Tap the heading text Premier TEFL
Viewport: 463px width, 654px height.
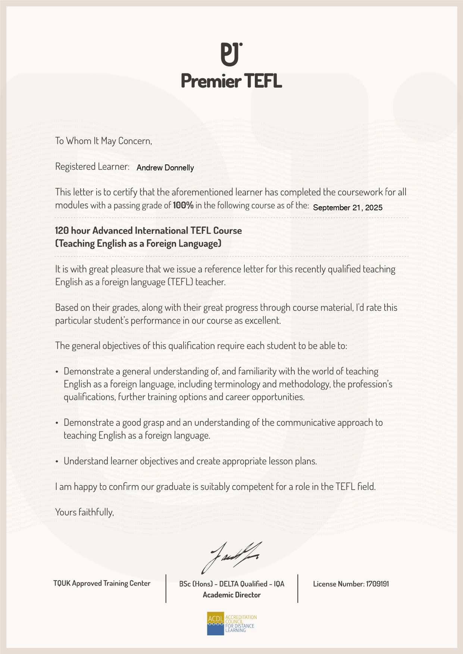pyautogui.click(x=231, y=81)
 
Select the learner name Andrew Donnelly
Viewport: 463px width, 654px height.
pyautogui.click(x=165, y=168)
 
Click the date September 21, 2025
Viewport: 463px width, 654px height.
pyautogui.click(x=348, y=208)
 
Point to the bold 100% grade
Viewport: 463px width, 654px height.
pyautogui.click(x=183, y=205)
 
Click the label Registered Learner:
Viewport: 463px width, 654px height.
pyautogui.click(x=92, y=167)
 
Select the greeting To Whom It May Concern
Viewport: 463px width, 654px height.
pyautogui.click(x=104, y=141)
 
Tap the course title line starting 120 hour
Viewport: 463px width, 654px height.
pyautogui.click(x=148, y=231)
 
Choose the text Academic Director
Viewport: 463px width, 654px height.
pyautogui.click(x=232, y=595)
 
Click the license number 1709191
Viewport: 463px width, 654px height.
pyautogui.click(x=377, y=584)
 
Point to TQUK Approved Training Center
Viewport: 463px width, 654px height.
pyautogui.click(x=102, y=584)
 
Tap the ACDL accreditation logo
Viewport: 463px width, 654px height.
pyautogui.click(x=232, y=623)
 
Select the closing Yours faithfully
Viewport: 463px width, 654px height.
pyautogui.click(x=85, y=512)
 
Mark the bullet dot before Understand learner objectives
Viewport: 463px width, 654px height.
pyautogui.click(x=57, y=462)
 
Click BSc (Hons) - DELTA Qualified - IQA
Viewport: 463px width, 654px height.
pyautogui.click(x=232, y=584)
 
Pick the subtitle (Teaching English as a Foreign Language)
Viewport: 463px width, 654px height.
pyautogui.click(x=138, y=244)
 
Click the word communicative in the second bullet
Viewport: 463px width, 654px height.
pyautogui.click(x=306, y=423)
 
